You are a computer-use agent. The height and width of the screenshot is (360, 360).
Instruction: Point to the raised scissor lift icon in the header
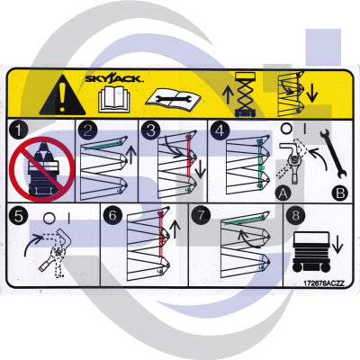(x=244, y=91)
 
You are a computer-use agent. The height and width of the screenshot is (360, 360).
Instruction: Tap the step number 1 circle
(x=19, y=130)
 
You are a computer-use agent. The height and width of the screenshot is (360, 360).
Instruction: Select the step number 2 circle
(x=86, y=130)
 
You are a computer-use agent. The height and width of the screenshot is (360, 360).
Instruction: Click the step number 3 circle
(x=150, y=130)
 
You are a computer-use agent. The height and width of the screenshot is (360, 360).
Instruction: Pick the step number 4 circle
(x=219, y=130)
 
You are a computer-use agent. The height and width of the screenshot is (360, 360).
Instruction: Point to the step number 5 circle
(x=19, y=217)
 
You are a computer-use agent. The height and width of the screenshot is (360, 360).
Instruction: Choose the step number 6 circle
(x=112, y=217)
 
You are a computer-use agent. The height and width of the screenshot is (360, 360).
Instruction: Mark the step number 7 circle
(x=202, y=217)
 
